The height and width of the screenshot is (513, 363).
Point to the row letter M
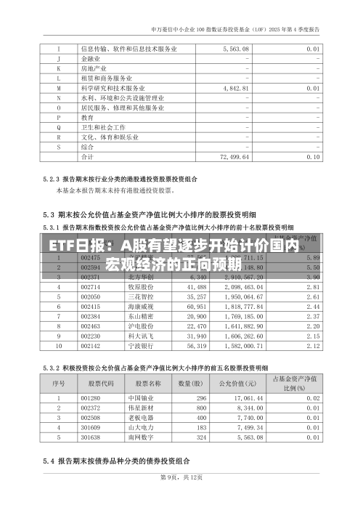(x=58, y=87)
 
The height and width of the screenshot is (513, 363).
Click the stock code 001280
(x=91, y=398)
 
